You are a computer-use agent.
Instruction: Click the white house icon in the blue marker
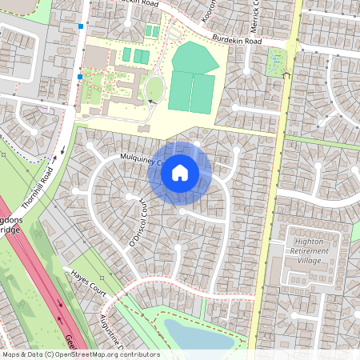pyautogui.click(x=180, y=172)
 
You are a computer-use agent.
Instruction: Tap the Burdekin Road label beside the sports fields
pyautogui.click(x=238, y=39)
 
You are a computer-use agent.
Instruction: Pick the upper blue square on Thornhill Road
pyautogui.click(x=81, y=26)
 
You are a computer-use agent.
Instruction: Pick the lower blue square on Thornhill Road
pyautogui.click(x=80, y=77)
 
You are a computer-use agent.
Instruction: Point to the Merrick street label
pyautogui.click(x=257, y=14)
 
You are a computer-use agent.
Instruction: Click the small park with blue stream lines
pyautogui.click(x=277, y=59)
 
